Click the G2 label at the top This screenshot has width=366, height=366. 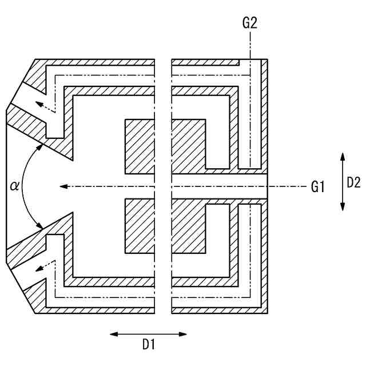click(250, 23)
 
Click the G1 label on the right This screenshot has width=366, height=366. click(317, 186)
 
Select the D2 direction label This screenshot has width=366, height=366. click(353, 182)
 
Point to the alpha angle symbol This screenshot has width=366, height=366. click(15, 185)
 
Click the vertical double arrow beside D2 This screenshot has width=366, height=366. click(342, 181)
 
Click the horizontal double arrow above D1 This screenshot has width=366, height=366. click(148, 334)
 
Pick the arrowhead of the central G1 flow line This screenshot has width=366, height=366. click(64, 186)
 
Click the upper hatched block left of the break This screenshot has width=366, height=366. click(140, 146)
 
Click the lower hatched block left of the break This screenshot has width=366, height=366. click(140, 226)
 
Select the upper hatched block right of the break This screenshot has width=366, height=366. click(188, 146)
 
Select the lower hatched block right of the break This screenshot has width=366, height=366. click(188, 226)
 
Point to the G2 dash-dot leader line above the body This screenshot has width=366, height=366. click(250, 46)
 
